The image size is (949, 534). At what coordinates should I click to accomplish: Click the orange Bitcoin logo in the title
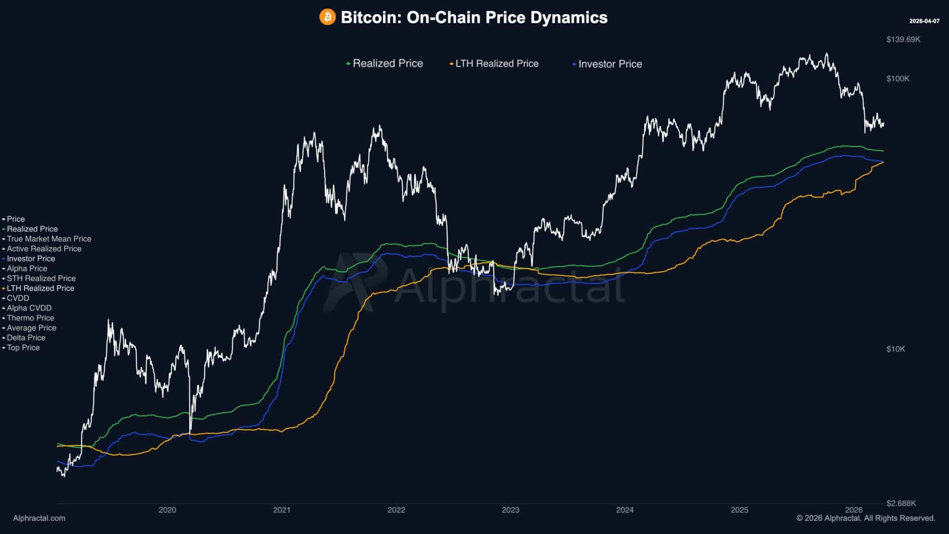click(327, 18)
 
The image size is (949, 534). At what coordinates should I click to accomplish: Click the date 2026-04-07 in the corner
click(924, 21)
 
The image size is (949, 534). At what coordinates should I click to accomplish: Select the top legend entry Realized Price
click(387, 64)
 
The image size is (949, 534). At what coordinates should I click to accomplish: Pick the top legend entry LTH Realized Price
click(496, 64)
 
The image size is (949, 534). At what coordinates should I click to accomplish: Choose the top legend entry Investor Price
click(609, 64)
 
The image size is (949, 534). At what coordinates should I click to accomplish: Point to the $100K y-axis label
click(898, 79)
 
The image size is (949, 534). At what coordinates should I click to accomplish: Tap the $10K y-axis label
click(895, 349)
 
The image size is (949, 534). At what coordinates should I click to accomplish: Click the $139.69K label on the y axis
click(903, 39)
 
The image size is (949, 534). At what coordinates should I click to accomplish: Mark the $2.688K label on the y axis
click(901, 503)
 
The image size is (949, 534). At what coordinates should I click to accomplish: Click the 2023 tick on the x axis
click(511, 510)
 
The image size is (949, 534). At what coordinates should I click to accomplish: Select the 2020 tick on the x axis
click(167, 510)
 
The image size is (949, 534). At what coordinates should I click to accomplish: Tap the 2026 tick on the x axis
click(854, 510)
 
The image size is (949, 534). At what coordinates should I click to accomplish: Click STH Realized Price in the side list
click(41, 278)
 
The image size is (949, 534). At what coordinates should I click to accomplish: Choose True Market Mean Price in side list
click(49, 239)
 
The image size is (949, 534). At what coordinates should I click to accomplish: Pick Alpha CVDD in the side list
click(29, 308)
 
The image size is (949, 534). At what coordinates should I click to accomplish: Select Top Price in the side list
click(23, 348)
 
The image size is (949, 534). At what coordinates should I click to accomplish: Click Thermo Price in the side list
click(30, 318)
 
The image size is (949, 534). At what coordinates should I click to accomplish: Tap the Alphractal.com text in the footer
click(39, 518)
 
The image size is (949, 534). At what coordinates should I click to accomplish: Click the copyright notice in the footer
click(866, 518)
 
